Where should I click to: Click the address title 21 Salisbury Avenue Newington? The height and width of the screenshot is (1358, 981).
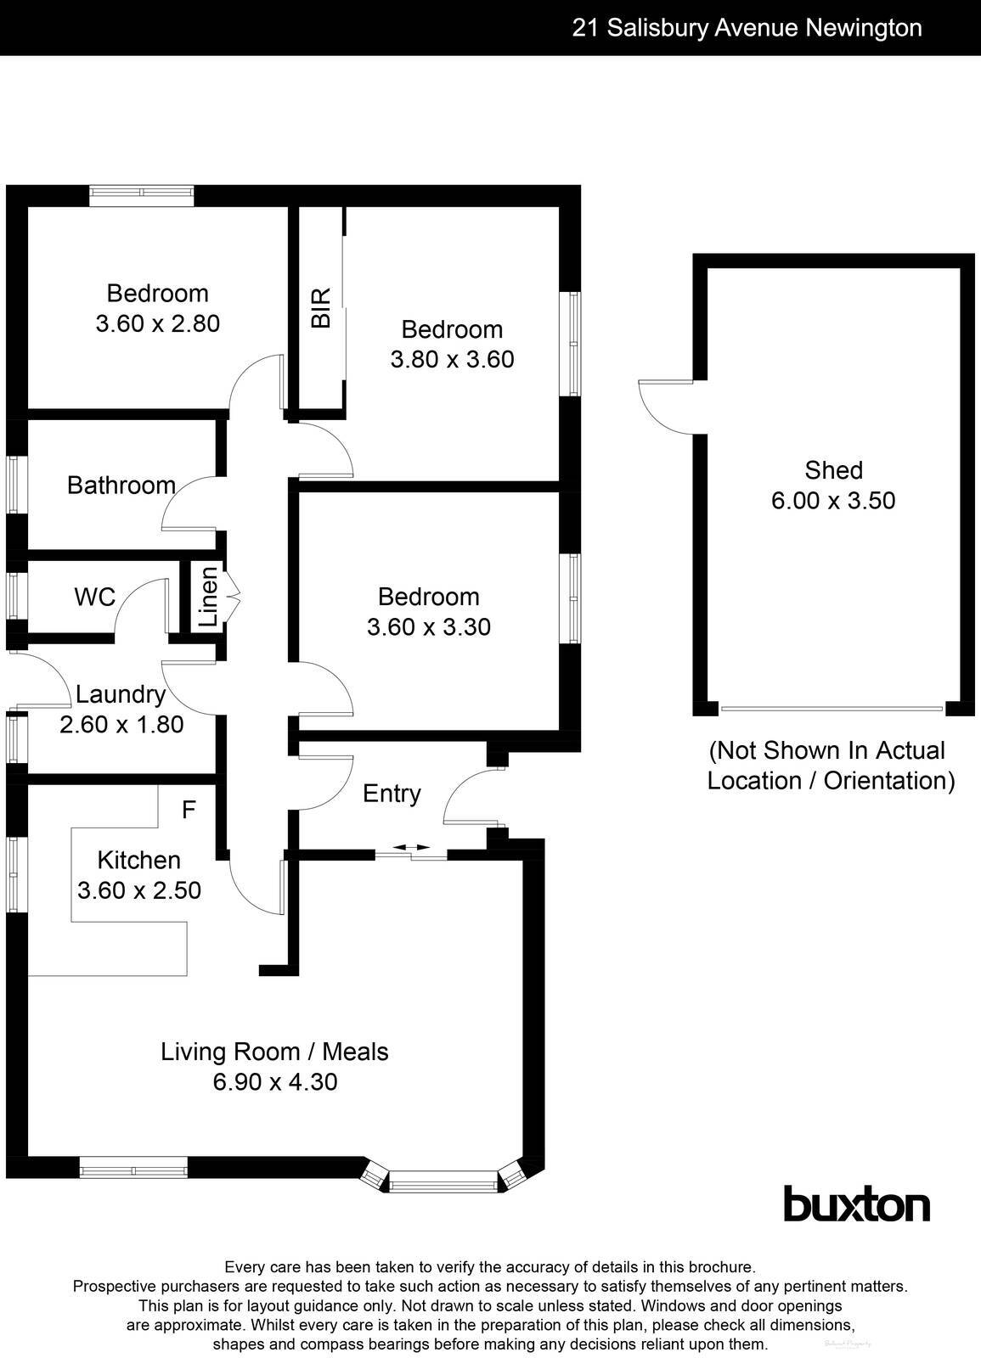point(747,28)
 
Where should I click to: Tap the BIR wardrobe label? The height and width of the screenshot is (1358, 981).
point(320,307)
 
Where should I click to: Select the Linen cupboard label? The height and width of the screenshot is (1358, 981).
point(208,598)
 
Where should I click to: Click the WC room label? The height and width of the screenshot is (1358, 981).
point(94,597)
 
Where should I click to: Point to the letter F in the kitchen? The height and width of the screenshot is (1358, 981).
point(189,810)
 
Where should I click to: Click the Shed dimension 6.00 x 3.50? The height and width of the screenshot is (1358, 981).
point(832,500)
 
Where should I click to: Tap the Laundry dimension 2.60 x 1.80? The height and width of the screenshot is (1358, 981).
point(121,724)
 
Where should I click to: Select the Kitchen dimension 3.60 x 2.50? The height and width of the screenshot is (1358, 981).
point(138,890)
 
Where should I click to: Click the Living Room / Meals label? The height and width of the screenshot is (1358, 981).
point(274,1052)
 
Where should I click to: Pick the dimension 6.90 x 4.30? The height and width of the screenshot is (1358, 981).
point(274,1081)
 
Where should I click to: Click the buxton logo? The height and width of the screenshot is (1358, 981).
point(855,1204)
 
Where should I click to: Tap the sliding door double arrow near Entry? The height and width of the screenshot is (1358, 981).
point(411,847)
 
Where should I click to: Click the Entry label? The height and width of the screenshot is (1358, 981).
point(392,794)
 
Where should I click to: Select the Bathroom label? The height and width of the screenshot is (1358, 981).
point(121,485)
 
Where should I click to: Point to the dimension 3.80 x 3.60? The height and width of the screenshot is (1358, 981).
point(452,359)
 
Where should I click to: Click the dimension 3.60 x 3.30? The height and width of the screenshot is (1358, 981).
point(428,626)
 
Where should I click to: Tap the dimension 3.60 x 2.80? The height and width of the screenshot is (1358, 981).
point(157,323)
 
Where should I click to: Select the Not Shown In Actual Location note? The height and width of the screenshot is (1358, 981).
point(831,765)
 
